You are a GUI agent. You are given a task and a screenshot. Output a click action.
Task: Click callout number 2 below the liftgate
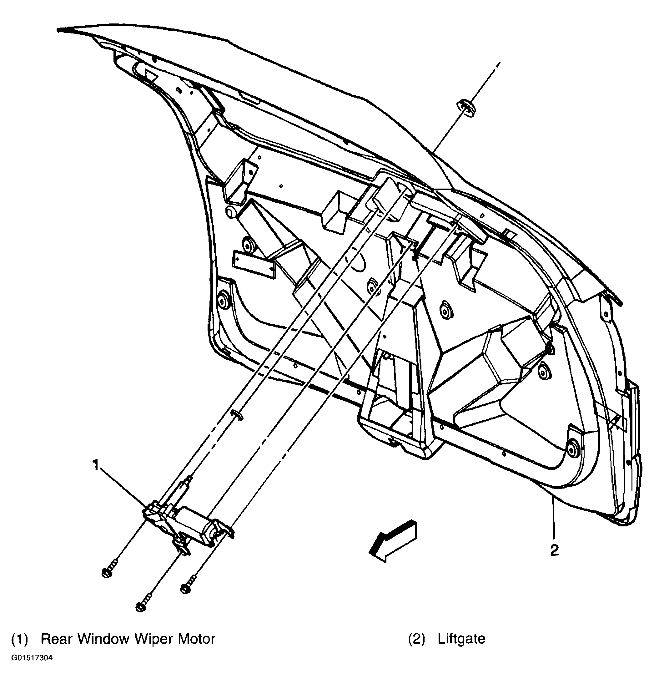(x=554, y=550)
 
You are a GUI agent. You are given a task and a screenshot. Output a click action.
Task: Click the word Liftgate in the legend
(x=461, y=639)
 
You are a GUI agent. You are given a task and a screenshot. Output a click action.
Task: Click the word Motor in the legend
(x=197, y=639)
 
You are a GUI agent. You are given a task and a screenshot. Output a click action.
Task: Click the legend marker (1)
(x=19, y=639)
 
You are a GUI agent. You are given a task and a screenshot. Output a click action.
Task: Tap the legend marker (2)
(x=417, y=639)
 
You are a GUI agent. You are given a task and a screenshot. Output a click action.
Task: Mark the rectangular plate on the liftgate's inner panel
(x=254, y=265)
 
